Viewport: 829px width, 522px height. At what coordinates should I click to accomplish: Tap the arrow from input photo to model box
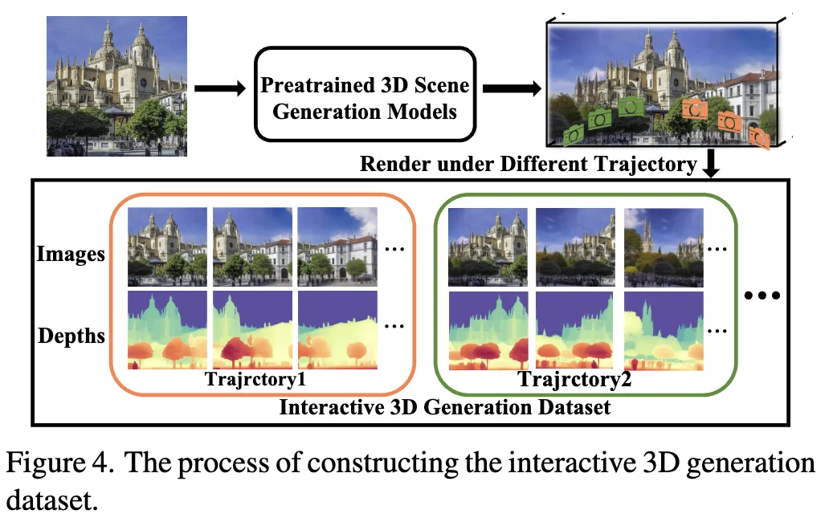pos(218,89)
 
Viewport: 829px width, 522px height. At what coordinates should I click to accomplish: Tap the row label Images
pos(71,255)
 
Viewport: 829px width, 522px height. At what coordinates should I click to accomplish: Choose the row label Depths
pos(71,334)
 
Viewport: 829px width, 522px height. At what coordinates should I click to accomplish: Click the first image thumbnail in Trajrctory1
pos(166,247)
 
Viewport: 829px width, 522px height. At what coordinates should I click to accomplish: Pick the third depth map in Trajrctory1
pos(337,330)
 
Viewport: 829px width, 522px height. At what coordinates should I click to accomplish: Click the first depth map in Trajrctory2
pos(488,330)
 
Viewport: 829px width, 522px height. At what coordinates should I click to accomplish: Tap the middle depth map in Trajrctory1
pos(252,330)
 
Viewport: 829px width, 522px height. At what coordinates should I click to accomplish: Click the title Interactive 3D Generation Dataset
pos(444,406)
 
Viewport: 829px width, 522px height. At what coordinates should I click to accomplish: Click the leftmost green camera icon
pos(574,135)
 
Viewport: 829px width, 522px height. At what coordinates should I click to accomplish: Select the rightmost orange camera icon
pos(758,137)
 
